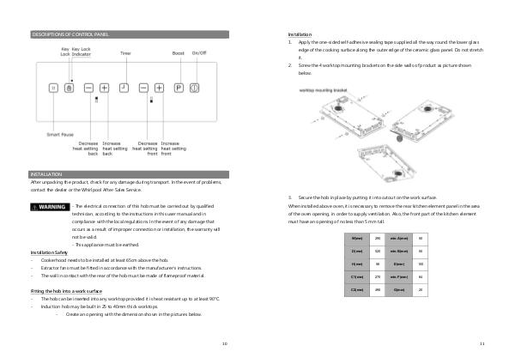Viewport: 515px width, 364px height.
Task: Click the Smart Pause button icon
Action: (53, 88)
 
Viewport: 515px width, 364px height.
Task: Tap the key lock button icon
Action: (70, 88)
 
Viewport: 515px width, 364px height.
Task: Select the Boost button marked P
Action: (179, 88)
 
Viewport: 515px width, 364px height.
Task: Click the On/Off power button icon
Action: (194, 88)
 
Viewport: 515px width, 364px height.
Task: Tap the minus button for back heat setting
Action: (88, 88)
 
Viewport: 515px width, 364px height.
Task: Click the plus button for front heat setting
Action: (158, 88)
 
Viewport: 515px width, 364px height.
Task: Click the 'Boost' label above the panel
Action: (178, 53)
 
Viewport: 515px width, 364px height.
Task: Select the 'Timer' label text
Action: (125, 53)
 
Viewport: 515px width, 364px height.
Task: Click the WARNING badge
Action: (50, 207)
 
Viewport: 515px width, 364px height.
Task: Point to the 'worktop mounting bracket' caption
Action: (324, 88)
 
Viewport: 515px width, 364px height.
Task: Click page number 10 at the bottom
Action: (225, 343)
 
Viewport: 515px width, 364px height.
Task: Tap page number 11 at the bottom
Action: (482, 343)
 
